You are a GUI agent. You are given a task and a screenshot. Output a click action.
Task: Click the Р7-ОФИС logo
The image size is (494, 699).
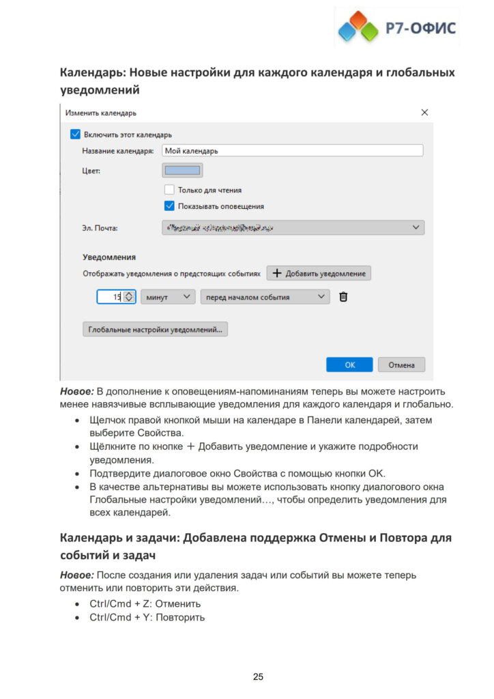point(396,28)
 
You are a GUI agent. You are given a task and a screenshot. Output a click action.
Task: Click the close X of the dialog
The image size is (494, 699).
point(424,112)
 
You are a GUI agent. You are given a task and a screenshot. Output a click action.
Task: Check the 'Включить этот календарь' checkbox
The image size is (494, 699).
point(75,134)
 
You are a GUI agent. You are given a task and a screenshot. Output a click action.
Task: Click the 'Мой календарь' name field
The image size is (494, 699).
point(292,150)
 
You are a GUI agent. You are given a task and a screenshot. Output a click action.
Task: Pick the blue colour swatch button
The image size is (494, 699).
point(182,170)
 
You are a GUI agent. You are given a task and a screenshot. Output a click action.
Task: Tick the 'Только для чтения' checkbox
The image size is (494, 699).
point(169,190)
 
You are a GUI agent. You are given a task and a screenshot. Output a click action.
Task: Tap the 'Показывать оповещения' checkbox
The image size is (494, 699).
point(169,205)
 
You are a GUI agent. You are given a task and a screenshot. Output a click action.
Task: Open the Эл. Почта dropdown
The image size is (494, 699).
point(293,227)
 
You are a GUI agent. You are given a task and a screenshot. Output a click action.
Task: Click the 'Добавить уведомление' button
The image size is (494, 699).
point(319,273)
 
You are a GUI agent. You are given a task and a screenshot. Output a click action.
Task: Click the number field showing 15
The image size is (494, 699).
point(109,297)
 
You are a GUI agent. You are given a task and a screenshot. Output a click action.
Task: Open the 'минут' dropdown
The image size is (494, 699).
point(168,297)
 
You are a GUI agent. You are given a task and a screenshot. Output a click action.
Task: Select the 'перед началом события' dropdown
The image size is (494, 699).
point(265,297)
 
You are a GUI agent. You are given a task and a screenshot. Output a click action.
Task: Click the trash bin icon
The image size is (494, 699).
point(343,297)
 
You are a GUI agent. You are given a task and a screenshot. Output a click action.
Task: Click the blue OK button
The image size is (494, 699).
point(349,365)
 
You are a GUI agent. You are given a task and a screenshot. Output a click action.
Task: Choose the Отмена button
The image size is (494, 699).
point(401,365)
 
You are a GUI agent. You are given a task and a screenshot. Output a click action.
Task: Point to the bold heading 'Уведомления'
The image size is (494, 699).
point(109,257)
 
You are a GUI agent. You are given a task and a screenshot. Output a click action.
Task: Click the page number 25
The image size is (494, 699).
point(258,676)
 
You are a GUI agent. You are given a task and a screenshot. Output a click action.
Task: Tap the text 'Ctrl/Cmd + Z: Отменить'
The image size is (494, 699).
point(145,603)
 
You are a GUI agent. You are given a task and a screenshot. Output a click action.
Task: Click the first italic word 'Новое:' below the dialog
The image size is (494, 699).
point(77,391)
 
